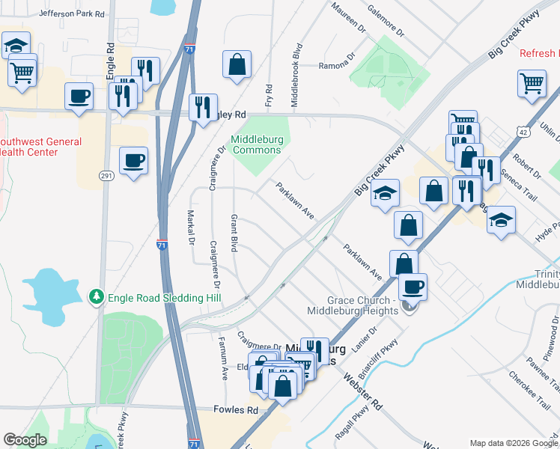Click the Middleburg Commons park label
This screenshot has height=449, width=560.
point(256,144)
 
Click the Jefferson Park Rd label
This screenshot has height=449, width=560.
point(71,13)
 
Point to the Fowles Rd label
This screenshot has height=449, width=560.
point(235,410)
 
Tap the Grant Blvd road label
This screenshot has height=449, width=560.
point(234,233)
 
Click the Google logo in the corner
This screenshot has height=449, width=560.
point(25,440)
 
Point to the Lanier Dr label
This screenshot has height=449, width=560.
point(365,337)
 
